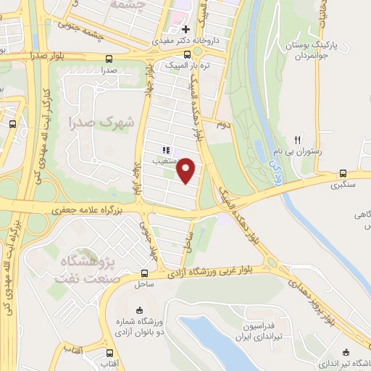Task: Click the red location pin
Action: pos(187,170)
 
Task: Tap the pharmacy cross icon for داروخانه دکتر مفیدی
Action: pos(186,30)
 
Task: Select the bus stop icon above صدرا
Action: pos(109,59)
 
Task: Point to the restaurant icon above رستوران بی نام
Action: pos(296,139)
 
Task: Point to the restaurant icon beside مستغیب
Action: pos(165,150)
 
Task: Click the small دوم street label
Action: pos(224,125)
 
